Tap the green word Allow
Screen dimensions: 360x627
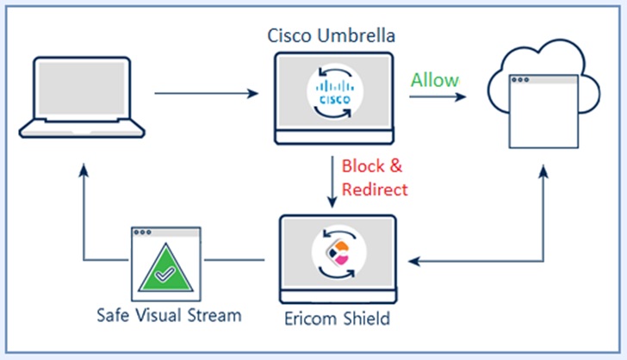pyautogui.click(x=434, y=80)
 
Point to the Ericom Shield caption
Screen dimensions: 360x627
pyautogui.click(x=337, y=319)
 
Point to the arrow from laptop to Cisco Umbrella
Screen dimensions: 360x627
pyautogui.click(x=207, y=91)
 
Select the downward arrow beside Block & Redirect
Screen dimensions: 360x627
pyautogui.click(x=332, y=181)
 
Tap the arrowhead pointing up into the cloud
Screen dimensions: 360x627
pyautogui.click(x=543, y=174)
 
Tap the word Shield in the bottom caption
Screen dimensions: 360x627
pyautogui.click(x=367, y=319)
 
